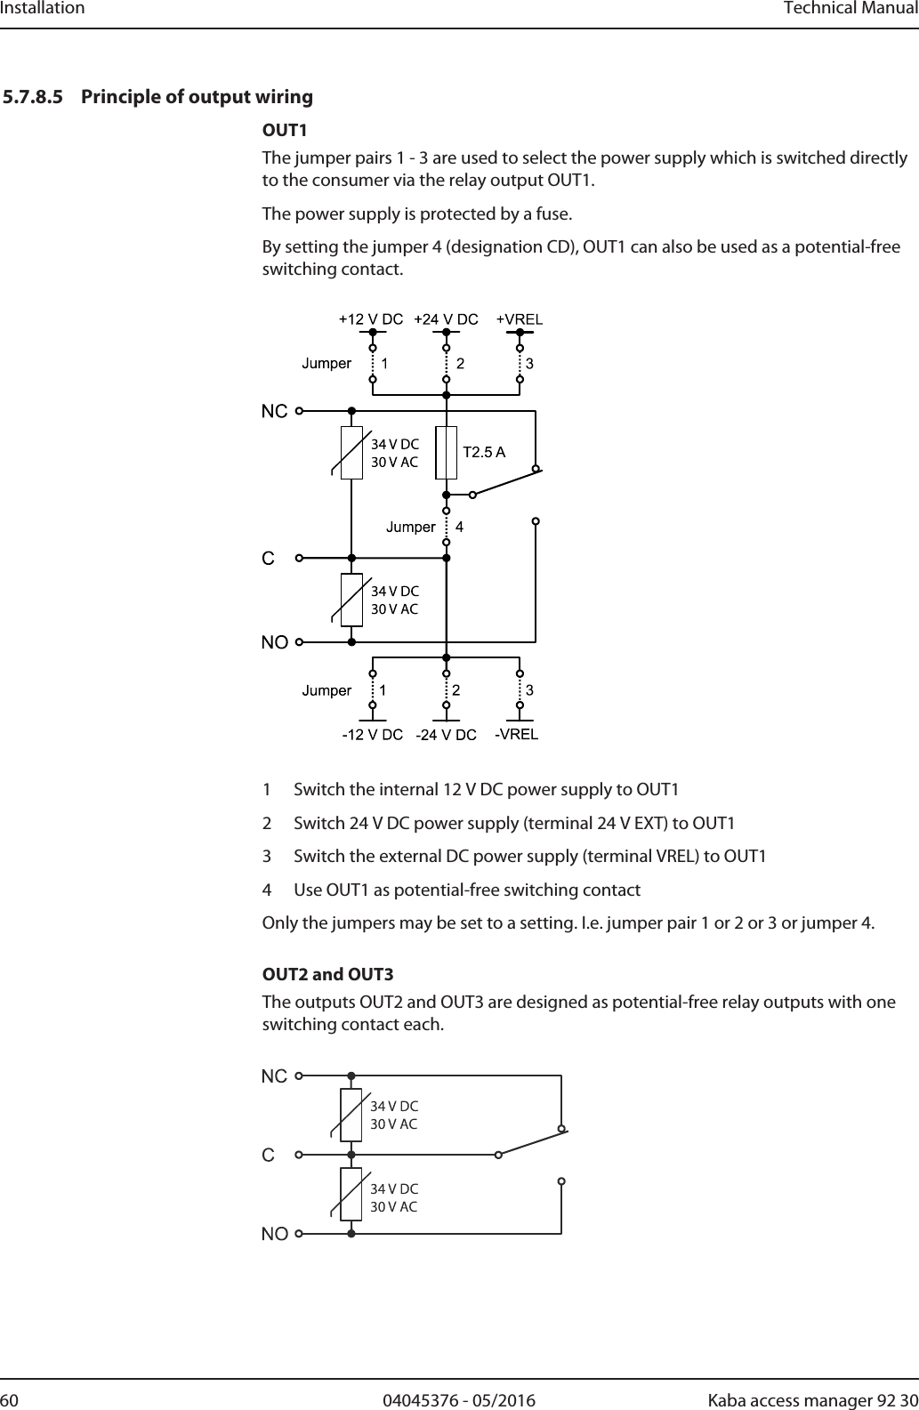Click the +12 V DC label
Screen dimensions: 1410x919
pyautogui.click(x=371, y=319)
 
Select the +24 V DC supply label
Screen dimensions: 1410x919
pyautogui.click(x=447, y=319)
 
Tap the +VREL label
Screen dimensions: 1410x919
pyautogui.click(x=520, y=319)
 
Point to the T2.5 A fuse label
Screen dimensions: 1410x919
pyautogui.click(x=484, y=452)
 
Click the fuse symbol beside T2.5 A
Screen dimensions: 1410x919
pyautogui.click(x=447, y=453)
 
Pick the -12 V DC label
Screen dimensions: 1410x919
pyautogui.click(x=373, y=735)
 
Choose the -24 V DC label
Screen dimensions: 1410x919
pyautogui.click(x=447, y=735)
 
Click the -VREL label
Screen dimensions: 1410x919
pyautogui.click(x=517, y=734)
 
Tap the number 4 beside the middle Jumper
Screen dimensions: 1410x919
pyautogui.click(x=460, y=527)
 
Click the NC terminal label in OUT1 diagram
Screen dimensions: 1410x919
pyautogui.click(x=274, y=411)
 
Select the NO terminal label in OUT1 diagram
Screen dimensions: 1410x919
pyautogui.click(x=274, y=641)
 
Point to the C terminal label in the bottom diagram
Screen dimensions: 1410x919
pyautogui.click(x=268, y=1155)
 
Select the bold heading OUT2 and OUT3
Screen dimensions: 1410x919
pyautogui.click(x=327, y=975)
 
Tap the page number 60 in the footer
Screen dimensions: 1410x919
pyautogui.click(x=11, y=1401)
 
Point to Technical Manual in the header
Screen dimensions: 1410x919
pyautogui.click(x=850, y=9)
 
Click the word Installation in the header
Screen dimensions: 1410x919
pyautogui.click(x=43, y=9)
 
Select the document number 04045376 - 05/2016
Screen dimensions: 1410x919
pyautogui.click(x=459, y=1401)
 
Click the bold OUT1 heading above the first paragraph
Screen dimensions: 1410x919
pyautogui.click(x=284, y=131)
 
